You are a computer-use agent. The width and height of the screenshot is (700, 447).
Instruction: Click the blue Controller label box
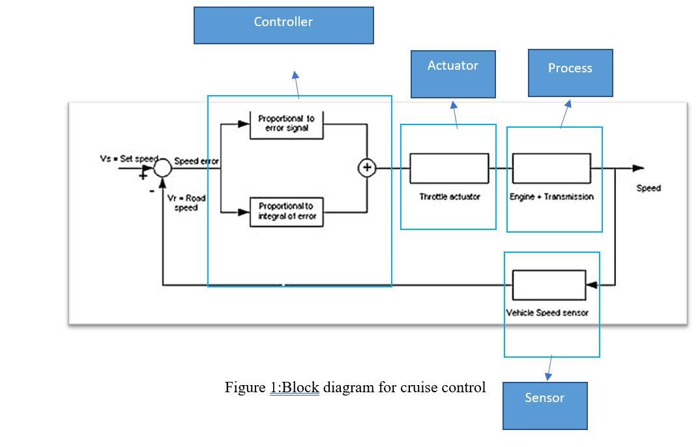284,26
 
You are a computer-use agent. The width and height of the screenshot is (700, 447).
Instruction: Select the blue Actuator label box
453,74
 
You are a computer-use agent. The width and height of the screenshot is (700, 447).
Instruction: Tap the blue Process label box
570,72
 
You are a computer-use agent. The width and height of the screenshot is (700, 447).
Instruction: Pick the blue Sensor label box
545,405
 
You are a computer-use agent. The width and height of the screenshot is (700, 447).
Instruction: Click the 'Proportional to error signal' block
287,124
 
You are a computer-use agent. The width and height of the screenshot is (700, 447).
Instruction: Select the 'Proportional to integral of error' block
287,211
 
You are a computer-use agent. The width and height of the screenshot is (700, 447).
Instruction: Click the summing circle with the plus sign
367,168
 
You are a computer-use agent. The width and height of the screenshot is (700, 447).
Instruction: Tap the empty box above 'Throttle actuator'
449,168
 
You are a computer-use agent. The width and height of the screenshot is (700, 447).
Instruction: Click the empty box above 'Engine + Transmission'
552,168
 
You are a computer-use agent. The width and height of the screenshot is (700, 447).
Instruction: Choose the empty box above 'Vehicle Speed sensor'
549,285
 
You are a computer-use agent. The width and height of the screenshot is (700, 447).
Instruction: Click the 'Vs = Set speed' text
128,158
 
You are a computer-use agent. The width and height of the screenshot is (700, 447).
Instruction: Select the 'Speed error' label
196,161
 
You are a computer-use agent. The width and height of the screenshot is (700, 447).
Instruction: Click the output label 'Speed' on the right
649,188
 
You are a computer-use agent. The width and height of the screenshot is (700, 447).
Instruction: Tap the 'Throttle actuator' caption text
449,196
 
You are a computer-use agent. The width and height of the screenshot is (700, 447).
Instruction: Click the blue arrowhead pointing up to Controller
295,76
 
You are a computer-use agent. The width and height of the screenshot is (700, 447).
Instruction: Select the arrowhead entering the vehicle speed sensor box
591,285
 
